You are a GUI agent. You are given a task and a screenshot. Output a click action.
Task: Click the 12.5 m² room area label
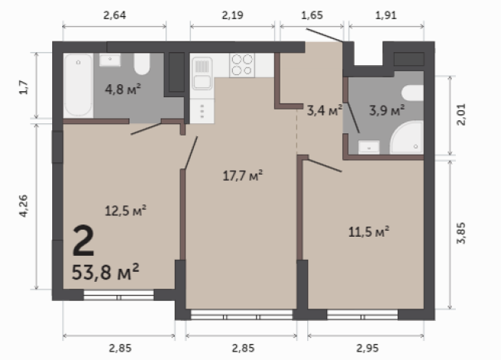(x=125, y=208)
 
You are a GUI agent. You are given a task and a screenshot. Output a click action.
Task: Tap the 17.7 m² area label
(x=242, y=175)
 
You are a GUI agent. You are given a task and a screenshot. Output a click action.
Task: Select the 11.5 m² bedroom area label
(x=371, y=230)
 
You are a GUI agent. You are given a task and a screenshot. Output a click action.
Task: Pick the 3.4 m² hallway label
(x=323, y=112)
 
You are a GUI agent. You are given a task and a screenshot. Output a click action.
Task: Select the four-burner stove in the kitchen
(x=243, y=64)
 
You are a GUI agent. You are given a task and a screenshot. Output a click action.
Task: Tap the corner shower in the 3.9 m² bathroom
(x=407, y=138)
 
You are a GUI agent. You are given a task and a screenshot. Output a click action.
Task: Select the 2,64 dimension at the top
(x=114, y=14)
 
